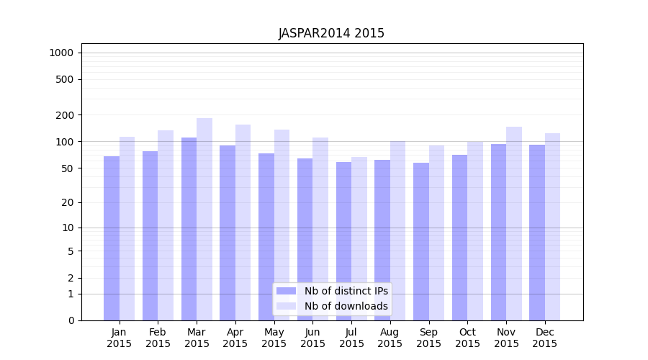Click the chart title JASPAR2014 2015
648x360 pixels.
coord(331,33)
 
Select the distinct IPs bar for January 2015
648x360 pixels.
coord(112,238)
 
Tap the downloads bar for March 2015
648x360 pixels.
coord(204,216)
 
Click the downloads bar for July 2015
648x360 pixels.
coord(359,238)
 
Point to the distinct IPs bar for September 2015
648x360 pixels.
coord(421,241)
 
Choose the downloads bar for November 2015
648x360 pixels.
coord(514,223)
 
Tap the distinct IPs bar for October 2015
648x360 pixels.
coord(460,238)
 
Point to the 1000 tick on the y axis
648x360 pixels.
coord(61,53)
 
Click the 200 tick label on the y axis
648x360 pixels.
coord(65,115)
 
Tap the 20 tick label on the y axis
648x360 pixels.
coord(68,202)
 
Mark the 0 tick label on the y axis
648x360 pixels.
coord(71,320)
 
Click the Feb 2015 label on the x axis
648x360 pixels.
coord(158,338)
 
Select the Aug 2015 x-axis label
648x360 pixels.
coord(390,338)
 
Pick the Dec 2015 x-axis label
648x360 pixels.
coord(545,338)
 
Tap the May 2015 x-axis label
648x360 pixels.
coord(274,338)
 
